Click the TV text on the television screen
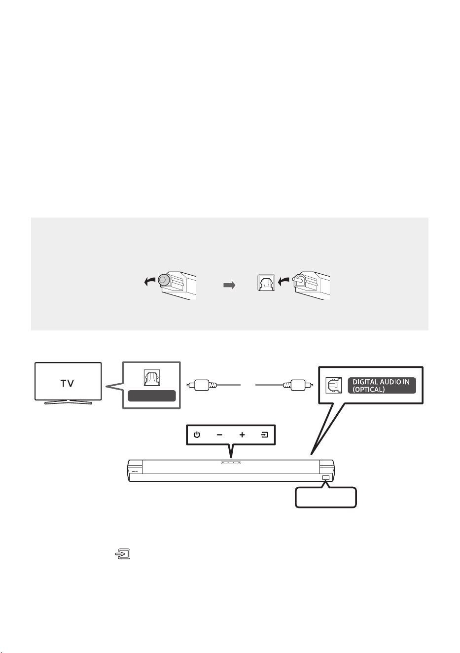67,383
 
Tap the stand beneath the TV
68,402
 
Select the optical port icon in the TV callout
151,378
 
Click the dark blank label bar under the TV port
151,396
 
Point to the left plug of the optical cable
202,385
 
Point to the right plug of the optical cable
298,385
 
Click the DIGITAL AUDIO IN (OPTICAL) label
382,385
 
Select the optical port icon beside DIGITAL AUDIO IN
333,385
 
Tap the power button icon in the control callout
197,435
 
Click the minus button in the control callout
219,435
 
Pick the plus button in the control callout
242,435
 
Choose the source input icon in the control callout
264,435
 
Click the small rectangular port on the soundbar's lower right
326,477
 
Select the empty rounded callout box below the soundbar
326,497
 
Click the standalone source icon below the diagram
123,553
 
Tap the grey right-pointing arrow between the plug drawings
229,285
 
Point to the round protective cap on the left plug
163,280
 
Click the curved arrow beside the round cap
150,281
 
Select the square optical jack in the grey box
266,283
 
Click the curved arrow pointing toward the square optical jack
283,281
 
